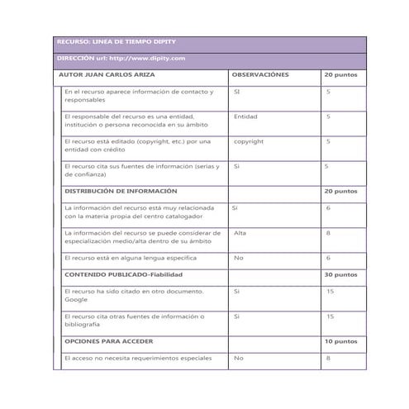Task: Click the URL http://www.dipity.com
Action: coord(146,58)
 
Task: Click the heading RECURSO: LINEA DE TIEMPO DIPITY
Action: coord(116,41)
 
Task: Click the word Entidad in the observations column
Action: coord(245,117)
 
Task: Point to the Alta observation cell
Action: coord(240,233)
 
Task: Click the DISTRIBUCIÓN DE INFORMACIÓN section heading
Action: coord(121,191)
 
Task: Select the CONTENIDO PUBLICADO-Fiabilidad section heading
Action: coord(123,274)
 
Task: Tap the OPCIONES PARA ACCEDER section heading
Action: coord(109,340)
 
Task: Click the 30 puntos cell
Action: coord(340,274)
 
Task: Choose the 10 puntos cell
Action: coord(340,340)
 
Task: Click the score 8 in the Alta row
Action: coord(328,233)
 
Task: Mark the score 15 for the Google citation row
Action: coord(330,291)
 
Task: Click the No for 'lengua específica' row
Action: coord(238,258)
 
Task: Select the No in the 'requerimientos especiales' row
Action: coord(238,358)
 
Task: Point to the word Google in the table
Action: coord(76,300)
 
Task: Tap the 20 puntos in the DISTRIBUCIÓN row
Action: coord(340,191)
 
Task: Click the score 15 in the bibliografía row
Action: coord(330,316)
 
